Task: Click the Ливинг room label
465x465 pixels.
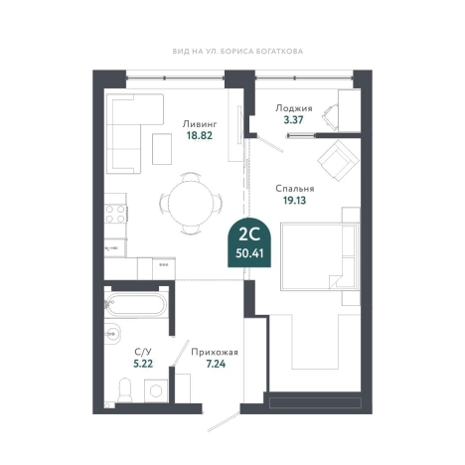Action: pyautogui.click(x=200, y=124)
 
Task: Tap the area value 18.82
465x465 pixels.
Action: pyautogui.click(x=200, y=135)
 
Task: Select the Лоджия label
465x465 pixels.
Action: pyautogui.click(x=294, y=108)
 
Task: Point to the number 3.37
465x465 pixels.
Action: pyautogui.click(x=293, y=119)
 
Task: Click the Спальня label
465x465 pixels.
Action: pyautogui.click(x=295, y=189)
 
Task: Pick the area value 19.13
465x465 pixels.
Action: pyautogui.click(x=294, y=200)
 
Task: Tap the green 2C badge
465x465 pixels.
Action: pyautogui.click(x=249, y=242)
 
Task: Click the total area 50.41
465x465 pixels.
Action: pyautogui.click(x=249, y=253)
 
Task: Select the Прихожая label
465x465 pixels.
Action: pyautogui.click(x=215, y=352)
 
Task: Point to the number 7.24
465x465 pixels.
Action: pyautogui.click(x=216, y=364)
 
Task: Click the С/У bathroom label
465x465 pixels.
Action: pyautogui.click(x=143, y=352)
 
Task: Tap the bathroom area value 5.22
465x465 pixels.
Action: pyautogui.click(x=143, y=364)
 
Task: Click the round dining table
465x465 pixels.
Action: pyautogui.click(x=191, y=203)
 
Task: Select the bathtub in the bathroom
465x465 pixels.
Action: pyautogui.click(x=135, y=305)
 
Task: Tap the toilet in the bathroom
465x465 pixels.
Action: pyautogui.click(x=125, y=390)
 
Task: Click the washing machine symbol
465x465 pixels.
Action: pyautogui.click(x=156, y=391)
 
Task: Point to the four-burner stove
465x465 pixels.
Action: pyautogui.click(x=115, y=214)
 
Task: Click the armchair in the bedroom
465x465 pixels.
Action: pyautogui.click(x=339, y=161)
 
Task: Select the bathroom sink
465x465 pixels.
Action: pyautogui.click(x=112, y=333)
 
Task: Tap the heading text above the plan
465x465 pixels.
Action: pyautogui.click(x=237, y=52)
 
